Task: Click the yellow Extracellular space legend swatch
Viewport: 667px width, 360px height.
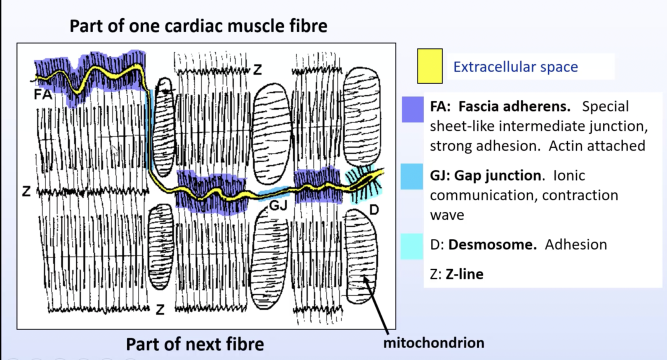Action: [x=429, y=66]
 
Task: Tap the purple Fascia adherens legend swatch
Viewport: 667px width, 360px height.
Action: [x=412, y=109]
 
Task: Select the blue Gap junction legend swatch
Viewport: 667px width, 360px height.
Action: [x=411, y=176]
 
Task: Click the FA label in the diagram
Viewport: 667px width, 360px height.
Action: [x=43, y=94]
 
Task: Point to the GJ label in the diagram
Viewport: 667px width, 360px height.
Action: [x=278, y=205]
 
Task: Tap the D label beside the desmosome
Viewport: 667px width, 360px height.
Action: [x=373, y=209]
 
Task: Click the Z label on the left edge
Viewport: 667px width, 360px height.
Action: [x=26, y=191]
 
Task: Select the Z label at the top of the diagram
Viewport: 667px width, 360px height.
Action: [x=257, y=69]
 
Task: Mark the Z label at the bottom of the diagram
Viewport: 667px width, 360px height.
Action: [x=160, y=310]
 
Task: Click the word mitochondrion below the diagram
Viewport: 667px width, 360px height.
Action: [x=433, y=343]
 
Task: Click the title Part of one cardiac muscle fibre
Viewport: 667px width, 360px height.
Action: [x=198, y=26]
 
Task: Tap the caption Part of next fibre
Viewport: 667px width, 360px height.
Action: [x=194, y=344]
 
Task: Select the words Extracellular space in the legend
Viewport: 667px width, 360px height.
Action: [x=515, y=67]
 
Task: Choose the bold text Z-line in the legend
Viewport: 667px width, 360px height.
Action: [x=464, y=274]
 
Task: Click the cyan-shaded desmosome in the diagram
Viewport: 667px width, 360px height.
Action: [x=364, y=182]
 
